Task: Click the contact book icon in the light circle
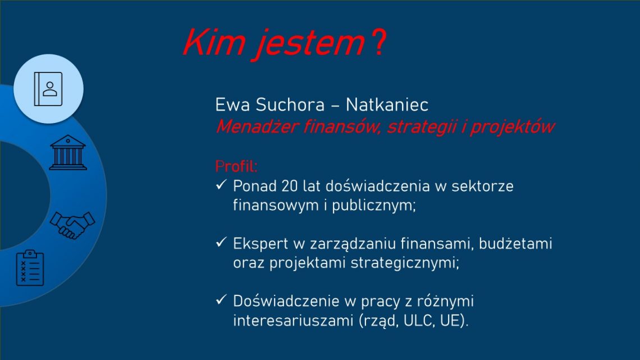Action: pyautogui.click(x=48, y=89)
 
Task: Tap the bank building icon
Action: pyautogui.click(x=68, y=152)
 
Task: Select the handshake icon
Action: pyautogui.click(x=72, y=225)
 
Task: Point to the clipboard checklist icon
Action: pyautogui.click(x=30, y=268)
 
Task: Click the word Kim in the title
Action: pyautogui.click(x=214, y=43)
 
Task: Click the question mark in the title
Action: pyautogui.click(x=379, y=43)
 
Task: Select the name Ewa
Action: pyautogui.click(x=232, y=105)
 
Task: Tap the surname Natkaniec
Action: pyautogui.click(x=387, y=105)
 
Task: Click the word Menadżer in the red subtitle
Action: pyautogui.click(x=257, y=126)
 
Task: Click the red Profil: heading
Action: pyautogui.click(x=236, y=167)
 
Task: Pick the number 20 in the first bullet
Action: pyautogui.click(x=289, y=186)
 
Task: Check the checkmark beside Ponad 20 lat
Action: pyautogui.click(x=221, y=185)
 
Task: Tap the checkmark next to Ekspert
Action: pyautogui.click(x=221, y=243)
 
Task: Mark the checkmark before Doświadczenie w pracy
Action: pyautogui.click(x=221, y=300)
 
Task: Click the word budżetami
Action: pyautogui.click(x=515, y=244)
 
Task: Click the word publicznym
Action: pyautogui.click(x=373, y=206)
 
